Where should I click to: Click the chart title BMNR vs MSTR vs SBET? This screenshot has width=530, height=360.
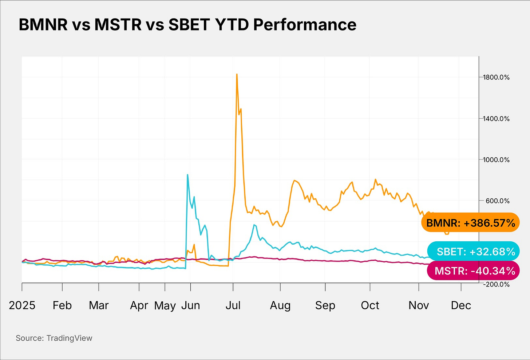tap(187, 25)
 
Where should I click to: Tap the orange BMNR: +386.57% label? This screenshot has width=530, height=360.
tap(470, 223)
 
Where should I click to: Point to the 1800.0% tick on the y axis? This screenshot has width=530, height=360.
tap(496, 77)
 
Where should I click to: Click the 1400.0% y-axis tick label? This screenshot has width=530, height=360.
tap(496, 118)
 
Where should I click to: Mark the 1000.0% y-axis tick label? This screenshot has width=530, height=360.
tap(496, 159)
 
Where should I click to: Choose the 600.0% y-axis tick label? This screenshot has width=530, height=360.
tap(497, 201)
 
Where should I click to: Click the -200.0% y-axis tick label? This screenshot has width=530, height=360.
tap(496, 284)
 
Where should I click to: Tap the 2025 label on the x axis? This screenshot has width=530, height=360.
tap(22, 305)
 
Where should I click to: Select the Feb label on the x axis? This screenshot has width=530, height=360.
tap(62, 305)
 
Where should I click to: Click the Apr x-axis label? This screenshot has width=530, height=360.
tap(139, 305)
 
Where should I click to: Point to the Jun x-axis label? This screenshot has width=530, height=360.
tap(191, 305)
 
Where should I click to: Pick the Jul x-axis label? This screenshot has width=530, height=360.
tap(233, 305)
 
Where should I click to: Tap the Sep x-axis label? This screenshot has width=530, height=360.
tap(325, 305)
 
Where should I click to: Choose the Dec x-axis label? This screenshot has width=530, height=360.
tap(461, 305)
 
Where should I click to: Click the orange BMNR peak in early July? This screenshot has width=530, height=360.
tap(237, 74)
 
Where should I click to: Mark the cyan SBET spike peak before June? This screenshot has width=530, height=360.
tap(187, 175)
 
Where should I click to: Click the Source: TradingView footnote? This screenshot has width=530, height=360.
tap(54, 338)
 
